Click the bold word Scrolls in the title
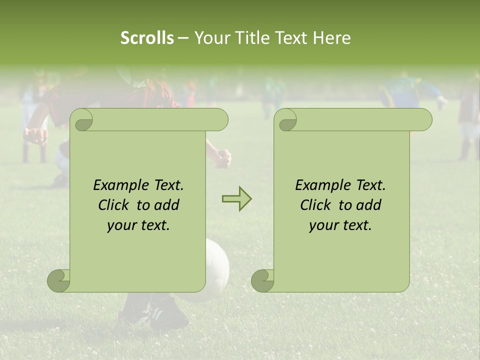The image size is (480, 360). [147, 38]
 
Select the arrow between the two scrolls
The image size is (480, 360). [236, 199]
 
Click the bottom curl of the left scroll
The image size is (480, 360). [59, 280]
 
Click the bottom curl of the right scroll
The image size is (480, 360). [262, 280]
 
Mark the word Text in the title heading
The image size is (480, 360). [290, 38]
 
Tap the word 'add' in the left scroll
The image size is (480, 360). [167, 205]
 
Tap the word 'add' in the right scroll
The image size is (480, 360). [369, 205]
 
